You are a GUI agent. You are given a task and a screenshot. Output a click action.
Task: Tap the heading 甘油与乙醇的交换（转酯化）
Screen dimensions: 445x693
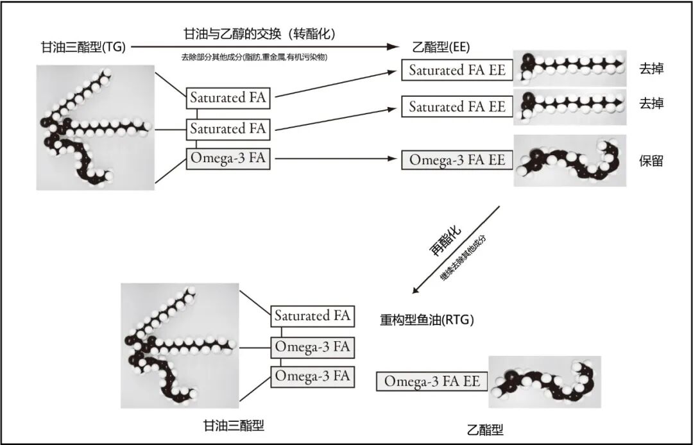[x=260, y=33]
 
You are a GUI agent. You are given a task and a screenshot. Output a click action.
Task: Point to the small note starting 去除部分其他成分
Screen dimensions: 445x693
[x=255, y=58]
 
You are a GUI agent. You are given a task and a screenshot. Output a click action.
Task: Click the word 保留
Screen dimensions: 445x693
[x=651, y=161]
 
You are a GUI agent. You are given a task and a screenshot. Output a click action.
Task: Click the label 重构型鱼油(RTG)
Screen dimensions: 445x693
[x=427, y=319]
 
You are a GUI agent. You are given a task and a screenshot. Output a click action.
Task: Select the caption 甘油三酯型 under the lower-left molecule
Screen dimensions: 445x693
[x=234, y=425]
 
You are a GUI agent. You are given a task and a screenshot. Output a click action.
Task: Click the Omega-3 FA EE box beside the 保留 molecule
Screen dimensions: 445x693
[x=458, y=160]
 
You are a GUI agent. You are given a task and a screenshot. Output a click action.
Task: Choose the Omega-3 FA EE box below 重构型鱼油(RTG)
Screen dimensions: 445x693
[x=432, y=381]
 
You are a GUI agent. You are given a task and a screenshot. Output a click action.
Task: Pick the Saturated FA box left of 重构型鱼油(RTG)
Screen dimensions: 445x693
[x=312, y=316]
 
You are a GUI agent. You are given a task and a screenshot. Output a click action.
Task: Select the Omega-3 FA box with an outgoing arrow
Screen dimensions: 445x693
[x=228, y=158]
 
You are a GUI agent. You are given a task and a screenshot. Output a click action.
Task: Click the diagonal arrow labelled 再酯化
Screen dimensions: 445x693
[x=456, y=249]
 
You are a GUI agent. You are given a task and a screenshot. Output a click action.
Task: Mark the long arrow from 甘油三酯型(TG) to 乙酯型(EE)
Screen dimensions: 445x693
[x=263, y=47]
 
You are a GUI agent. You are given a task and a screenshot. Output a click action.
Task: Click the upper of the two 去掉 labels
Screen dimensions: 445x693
[x=651, y=69]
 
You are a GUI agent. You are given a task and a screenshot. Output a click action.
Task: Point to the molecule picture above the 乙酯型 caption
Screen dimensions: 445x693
[x=545, y=382]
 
